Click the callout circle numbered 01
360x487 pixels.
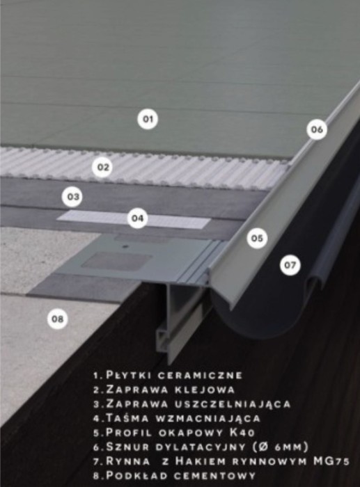147,119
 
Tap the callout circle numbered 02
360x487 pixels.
102,167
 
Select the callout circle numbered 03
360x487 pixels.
72,197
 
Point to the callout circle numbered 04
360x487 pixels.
138,218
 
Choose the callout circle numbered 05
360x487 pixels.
258,239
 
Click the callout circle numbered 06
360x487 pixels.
317,129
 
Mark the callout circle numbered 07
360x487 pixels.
290,264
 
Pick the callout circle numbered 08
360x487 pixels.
58,319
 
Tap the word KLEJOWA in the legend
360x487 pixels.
205,390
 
